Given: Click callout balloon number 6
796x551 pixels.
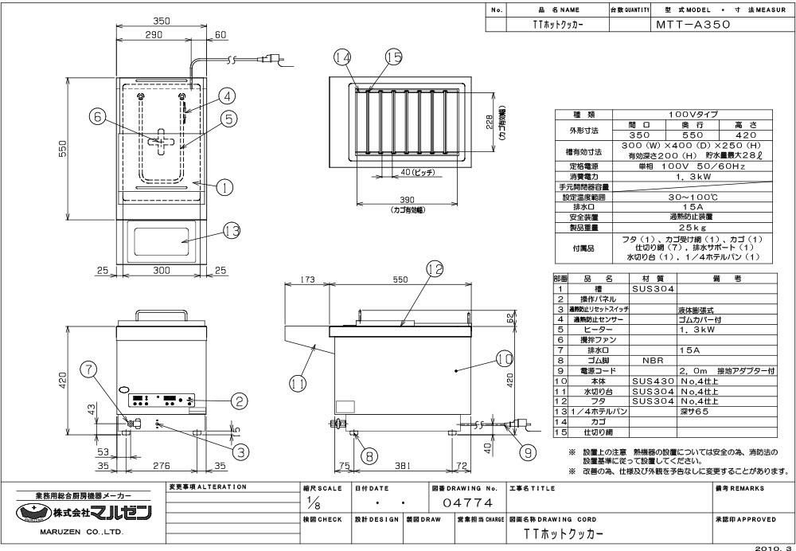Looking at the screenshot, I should (x=98, y=117).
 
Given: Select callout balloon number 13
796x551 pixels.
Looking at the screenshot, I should (x=232, y=231).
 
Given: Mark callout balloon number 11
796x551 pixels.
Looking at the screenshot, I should (x=298, y=383).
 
